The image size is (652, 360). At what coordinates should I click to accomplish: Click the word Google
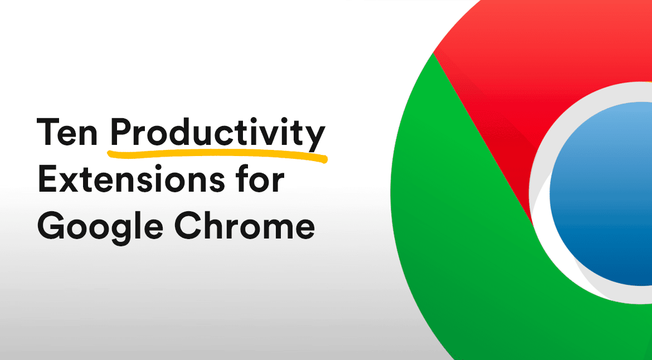(x=101, y=228)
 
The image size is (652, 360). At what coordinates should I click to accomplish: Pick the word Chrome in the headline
(x=244, y=226)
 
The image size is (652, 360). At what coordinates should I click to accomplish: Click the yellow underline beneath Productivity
(x=217, y=155)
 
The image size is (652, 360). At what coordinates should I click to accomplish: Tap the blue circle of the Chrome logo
(x=601, y=193)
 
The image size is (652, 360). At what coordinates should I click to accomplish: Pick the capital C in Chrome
(x=188, y=226)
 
